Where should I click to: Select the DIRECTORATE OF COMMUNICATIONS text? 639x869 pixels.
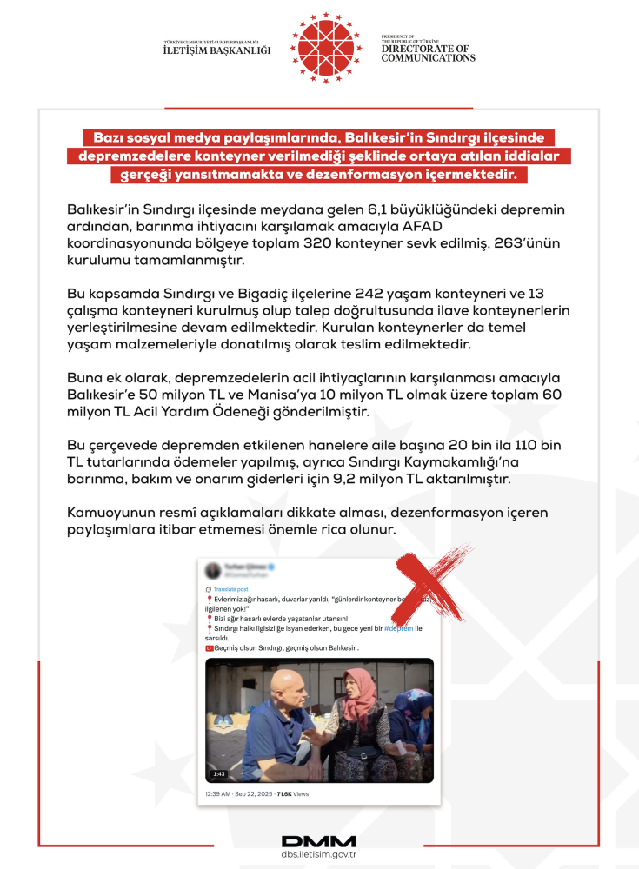coord(428,53)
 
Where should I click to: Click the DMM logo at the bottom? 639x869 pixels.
coord(318,841)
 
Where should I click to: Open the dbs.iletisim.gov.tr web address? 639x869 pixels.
coord(319,856)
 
